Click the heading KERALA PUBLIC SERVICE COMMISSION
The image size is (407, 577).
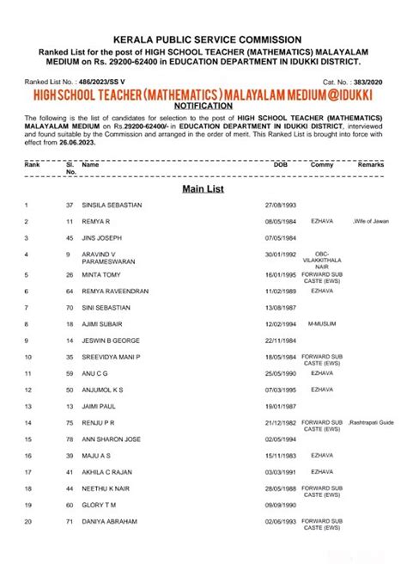[x=203, y=39]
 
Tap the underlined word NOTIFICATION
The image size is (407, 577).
[x=203, y=101]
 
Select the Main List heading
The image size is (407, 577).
[x=203, y=188]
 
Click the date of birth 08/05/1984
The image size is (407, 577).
[x=280, y=222]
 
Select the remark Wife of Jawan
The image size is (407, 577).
[x=370, y=222]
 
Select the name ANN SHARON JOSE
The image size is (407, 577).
[x=111, y=439]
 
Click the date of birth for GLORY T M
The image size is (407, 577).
[x=280, y=506]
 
